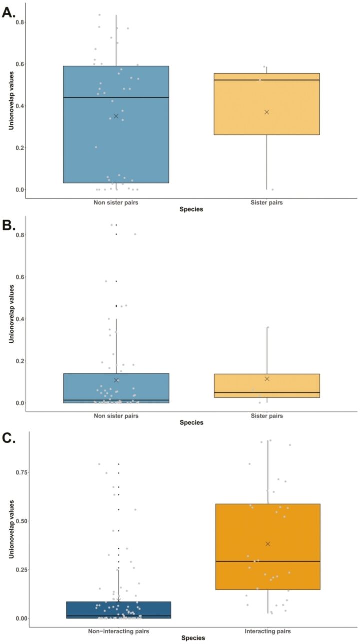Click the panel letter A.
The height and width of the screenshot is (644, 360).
9,12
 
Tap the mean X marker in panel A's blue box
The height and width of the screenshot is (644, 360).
116,116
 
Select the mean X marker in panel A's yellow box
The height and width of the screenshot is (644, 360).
267,112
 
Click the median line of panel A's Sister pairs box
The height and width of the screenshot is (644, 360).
267,80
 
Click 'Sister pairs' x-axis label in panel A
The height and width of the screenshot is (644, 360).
267,203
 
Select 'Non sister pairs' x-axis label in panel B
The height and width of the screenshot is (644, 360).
116,416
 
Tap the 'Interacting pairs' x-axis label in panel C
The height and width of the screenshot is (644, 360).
268,631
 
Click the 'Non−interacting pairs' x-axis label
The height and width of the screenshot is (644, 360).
116,631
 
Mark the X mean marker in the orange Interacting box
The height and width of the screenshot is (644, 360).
268,544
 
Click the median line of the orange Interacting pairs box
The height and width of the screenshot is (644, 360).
268,561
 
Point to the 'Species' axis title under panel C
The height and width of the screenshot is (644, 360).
192,638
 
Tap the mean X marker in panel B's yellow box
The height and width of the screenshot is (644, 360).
267,379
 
